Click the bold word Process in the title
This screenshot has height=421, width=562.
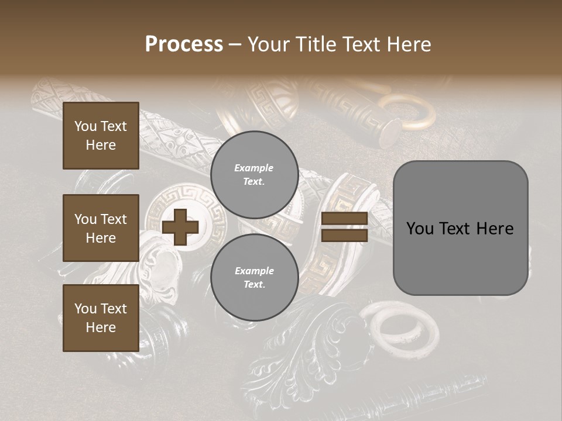[184, 44]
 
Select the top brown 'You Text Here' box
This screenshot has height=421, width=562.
[101, 136]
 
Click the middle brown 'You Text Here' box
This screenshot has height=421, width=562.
[101, 228]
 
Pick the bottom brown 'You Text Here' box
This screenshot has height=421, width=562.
[101, 318]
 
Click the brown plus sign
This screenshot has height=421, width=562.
[180, 227]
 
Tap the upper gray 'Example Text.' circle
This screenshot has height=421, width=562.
[254, 174]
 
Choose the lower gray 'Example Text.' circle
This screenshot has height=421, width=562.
[254, 278]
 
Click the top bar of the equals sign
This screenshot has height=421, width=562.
[344, 219]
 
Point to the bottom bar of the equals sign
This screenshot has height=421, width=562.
[344, 235]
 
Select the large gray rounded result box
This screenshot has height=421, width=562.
[460, 228]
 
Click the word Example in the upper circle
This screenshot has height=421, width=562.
[253, 168]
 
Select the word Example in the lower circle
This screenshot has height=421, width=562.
[254, 271]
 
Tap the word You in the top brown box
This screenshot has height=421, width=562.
[85, 126]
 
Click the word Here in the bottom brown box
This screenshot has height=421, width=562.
[101, 327]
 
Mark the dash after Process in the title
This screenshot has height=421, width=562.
[235, 44]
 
